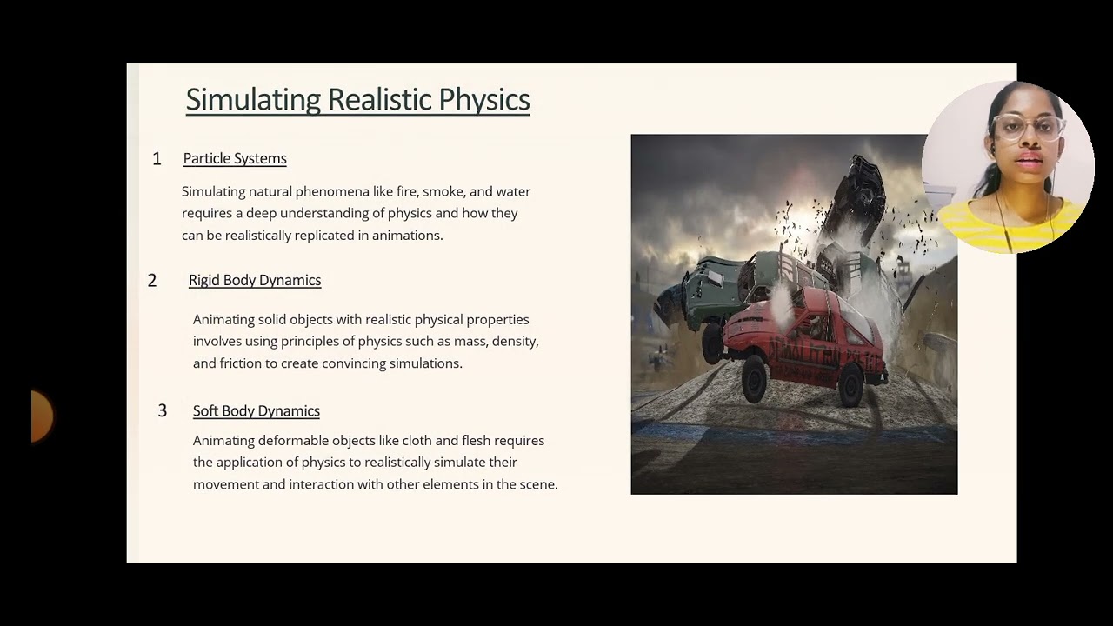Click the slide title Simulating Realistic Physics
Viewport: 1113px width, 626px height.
tap(357, 100)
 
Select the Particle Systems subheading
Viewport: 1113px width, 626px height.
tap(235, 158)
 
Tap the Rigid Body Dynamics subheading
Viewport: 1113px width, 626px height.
tap(255, 280)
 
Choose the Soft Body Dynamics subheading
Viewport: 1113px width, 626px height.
tap(257, 410)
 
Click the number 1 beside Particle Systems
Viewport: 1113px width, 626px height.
tap(157, 158)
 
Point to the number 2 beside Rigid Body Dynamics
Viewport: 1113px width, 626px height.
tap(152, 280)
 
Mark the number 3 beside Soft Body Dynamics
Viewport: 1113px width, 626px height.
tap(162, 410)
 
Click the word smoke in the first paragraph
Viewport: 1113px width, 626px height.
tap(443, 191)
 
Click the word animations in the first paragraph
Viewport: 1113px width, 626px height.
tap(406, 236)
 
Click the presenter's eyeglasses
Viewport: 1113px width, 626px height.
tap(1029, 129)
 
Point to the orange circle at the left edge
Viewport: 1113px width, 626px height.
tap(41, 416)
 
